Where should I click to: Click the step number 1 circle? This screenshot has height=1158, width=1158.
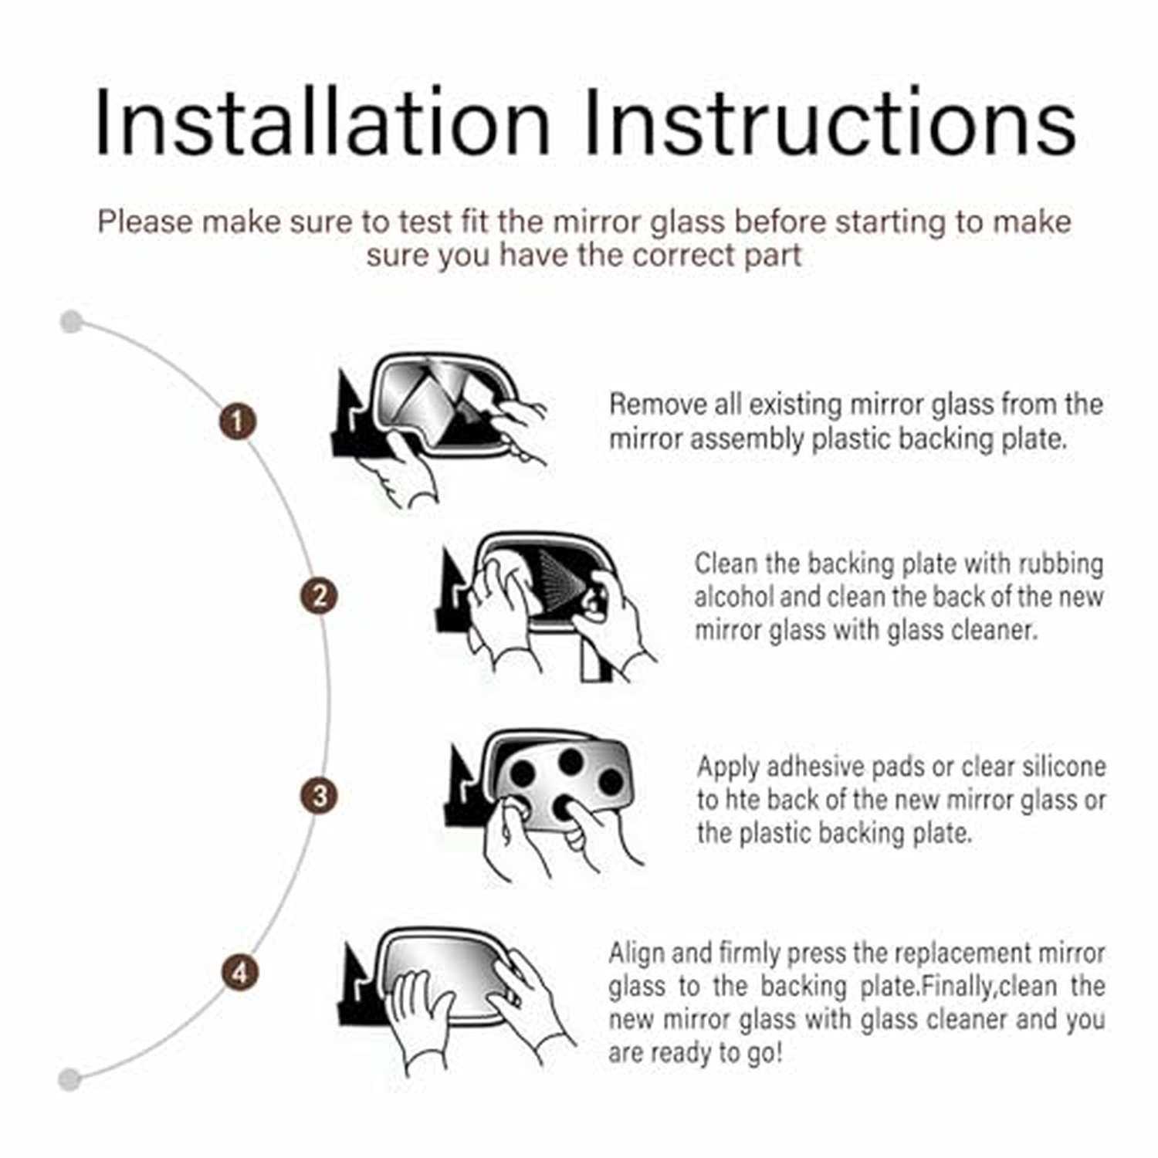238,422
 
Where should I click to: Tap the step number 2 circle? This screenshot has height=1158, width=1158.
319,596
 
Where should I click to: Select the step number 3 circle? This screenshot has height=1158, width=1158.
319,795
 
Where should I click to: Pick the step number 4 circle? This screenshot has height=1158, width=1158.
240,972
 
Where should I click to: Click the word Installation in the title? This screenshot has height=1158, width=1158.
323,124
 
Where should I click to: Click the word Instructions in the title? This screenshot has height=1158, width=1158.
830,124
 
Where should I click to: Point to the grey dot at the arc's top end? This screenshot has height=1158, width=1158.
71,321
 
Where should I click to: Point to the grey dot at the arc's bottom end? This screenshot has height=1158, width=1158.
69,1078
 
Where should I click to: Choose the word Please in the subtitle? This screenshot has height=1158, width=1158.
145,222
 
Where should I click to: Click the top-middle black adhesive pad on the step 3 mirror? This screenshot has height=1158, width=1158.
571,762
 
